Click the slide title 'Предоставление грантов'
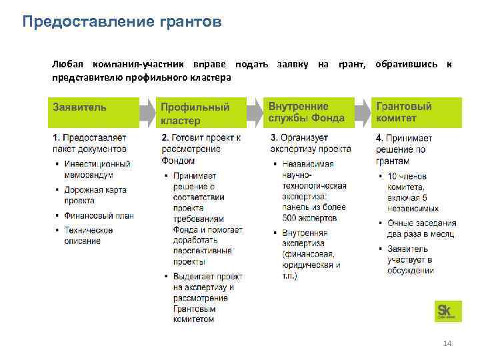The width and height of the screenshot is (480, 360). point(121,23)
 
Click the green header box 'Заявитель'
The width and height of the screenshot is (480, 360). point(92,112)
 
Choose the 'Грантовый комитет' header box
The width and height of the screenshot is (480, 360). point(416,112)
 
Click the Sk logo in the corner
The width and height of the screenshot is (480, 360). point(445,311)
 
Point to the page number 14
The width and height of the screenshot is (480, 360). point(447,343)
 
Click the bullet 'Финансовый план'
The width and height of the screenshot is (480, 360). point(99,215)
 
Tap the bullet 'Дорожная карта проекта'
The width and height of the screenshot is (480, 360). point(95,195)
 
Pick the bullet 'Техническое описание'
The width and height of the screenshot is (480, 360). point(88,235)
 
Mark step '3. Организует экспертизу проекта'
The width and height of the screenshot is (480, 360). point(311,143)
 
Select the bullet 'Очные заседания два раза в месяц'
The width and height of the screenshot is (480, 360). point(421,228)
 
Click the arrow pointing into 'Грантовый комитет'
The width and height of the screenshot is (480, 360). point(363,112)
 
